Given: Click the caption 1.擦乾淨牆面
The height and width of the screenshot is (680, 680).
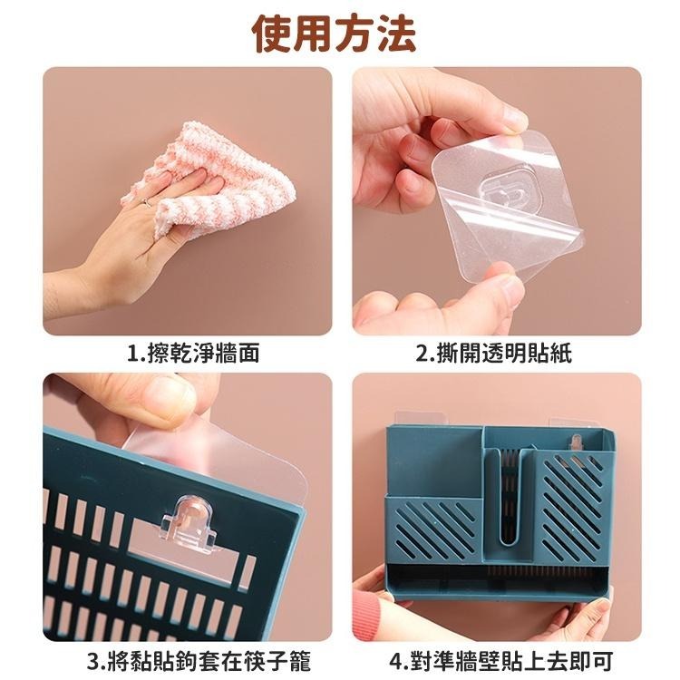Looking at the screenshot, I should pyautogui.click(x=192, y=354).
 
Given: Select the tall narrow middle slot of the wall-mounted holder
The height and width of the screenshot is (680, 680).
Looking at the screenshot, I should pyautogui.click(x=512, y=494).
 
